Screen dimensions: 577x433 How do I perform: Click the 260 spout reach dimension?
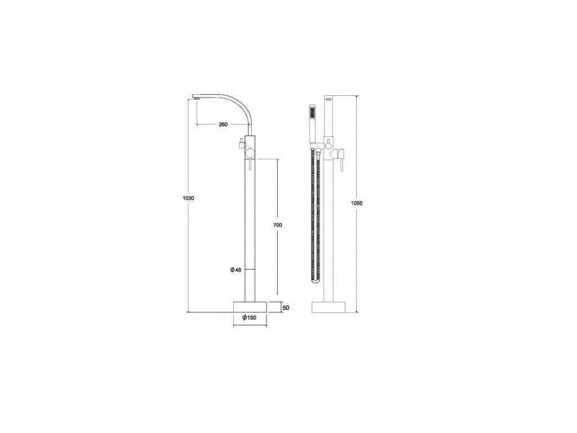tap(223, 124)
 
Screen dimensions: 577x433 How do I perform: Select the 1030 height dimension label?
tap(188, 198)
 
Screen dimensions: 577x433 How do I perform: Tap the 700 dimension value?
tap(278, 224)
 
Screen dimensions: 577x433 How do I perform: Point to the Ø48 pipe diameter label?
tap(236, 270)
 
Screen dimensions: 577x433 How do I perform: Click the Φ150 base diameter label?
tap(250, 318)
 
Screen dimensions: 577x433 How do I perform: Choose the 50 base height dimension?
tap(285, 307)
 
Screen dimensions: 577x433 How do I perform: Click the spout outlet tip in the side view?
tap(197, 98)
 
